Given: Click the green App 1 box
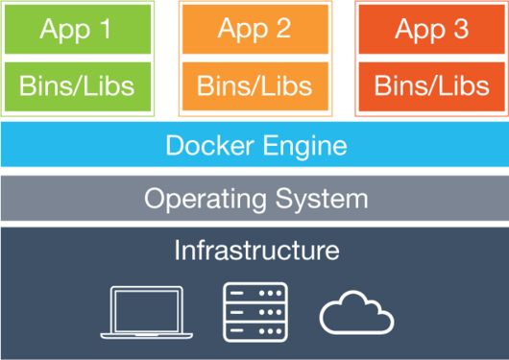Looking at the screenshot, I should (77, 28).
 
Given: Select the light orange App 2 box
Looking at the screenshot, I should (254, 28).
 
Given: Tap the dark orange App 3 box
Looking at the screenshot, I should (431, 28).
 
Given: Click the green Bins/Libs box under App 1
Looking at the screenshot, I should (77, 85).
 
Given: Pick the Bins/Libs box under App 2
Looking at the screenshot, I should (254, 85).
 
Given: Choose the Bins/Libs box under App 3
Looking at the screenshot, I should (431, 85).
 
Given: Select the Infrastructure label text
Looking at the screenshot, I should (256, 251).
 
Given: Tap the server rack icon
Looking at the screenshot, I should (254, 311).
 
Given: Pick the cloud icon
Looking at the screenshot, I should (357, 312).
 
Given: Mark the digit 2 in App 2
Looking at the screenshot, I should (282, 28).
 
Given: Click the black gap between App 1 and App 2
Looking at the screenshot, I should (165, 58).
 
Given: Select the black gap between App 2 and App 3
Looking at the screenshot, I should (343, 58).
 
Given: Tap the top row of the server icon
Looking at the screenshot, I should (254, 293).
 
